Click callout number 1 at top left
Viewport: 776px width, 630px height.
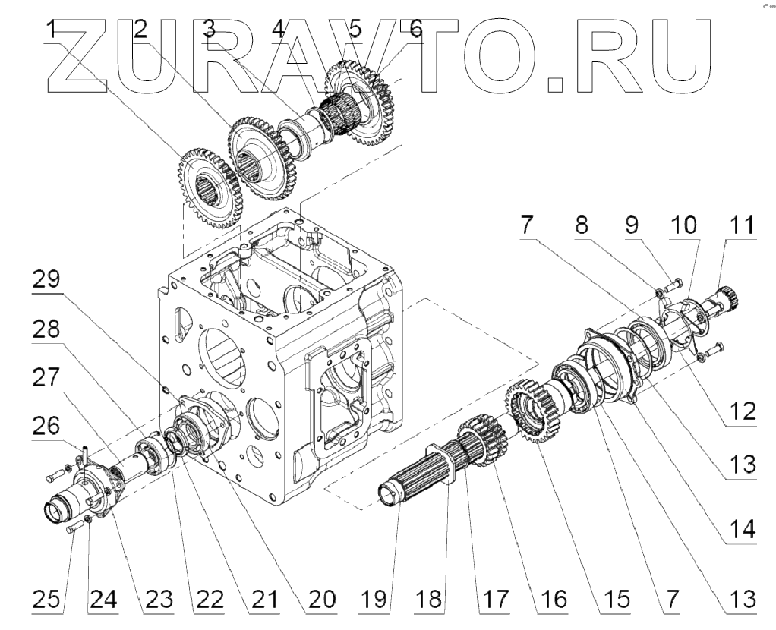pos(51,31)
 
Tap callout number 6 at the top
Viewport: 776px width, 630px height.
pos(415,31)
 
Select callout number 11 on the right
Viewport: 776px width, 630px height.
pos(743,225)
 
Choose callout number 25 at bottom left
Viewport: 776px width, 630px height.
pos(46,600)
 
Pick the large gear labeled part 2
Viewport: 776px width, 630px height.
pos(262,155)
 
